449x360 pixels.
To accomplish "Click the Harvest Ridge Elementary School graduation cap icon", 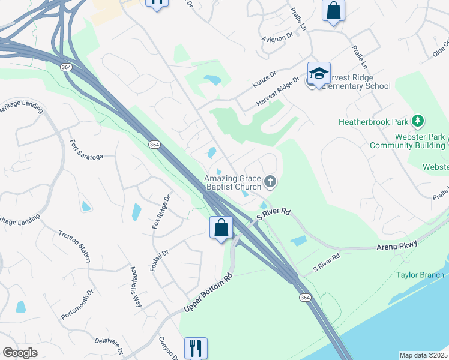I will tap(319, 74).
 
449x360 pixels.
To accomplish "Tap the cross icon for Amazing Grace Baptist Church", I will tap(271, 181).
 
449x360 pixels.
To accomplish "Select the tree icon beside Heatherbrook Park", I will tap(420, 121).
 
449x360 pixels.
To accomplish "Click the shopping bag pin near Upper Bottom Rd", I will tap(221, 228).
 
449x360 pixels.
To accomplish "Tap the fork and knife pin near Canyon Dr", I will tap(195, 348).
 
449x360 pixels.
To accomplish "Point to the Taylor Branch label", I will tap(420, 275).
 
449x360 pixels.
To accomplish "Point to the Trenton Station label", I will tap(74, 246).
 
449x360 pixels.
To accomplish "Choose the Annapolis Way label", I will tap(136, 287).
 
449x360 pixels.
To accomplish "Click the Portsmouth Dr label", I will tap(77, 305).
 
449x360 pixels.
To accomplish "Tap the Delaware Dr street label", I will tap(109, 344).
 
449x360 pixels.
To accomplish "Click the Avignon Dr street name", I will tap(276, 37).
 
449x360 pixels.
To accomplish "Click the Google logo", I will tap(20, 353).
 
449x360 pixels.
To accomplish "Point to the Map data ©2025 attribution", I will tap(423, 355).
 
